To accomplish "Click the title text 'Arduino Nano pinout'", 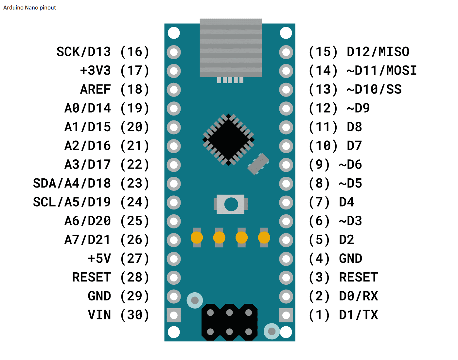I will coord(29,8).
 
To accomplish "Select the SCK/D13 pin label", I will coord(84,52).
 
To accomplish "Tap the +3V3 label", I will coord(96,71).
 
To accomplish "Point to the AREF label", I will coord(96,89).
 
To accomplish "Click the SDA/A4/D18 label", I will coord(72,184).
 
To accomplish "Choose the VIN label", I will coord(99,315).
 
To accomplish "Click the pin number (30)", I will coord(135,315).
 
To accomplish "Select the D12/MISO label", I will coord(378,52).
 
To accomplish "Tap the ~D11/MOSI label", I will coord(381,71).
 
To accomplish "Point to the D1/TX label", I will coord(358,315).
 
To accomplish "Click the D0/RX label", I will coord(358,296).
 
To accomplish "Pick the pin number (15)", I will coord(323,52).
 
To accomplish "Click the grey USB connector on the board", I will coord(231,48).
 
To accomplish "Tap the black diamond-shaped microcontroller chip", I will coord(228,139).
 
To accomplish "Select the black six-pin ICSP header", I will coord(229,322).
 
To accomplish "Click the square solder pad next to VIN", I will coord(174,315).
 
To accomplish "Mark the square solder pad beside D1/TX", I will coord(286,315).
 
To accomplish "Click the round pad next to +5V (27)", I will coord(174,259).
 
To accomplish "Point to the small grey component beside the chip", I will coord(258,164).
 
